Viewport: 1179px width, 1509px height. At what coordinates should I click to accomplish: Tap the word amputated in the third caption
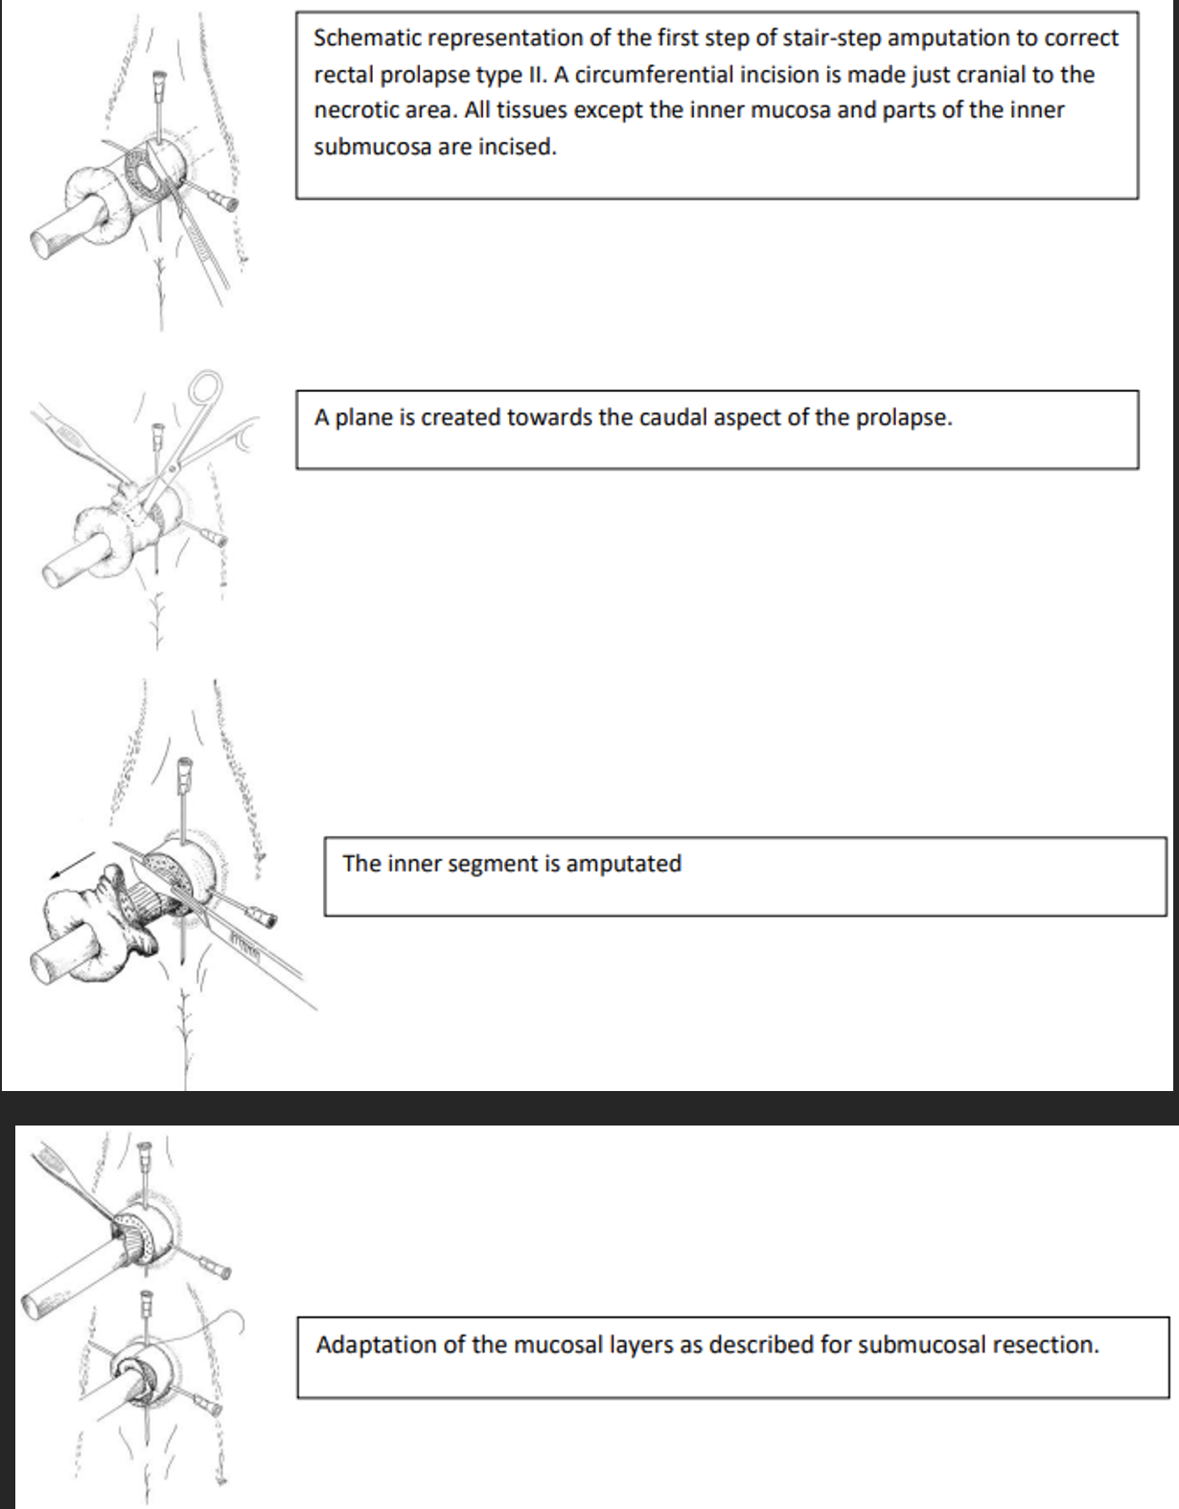coord(623,864)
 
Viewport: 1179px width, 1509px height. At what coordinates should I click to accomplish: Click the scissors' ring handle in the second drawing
coord(205,388)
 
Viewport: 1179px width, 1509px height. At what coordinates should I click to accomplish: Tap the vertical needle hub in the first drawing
coord(155,81)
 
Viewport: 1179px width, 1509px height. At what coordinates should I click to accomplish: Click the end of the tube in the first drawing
coord(44,244)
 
